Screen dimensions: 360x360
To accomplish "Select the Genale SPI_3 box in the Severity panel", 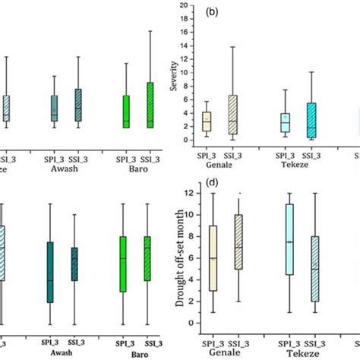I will coord(207,122).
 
